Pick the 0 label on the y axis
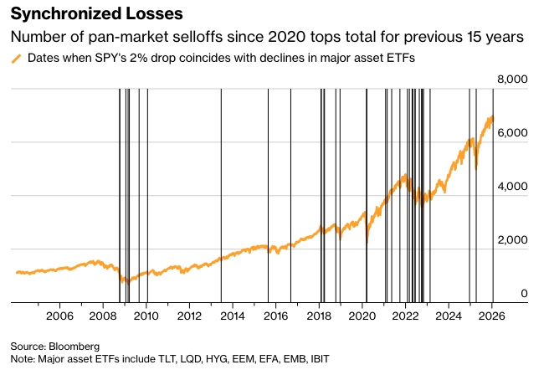click(525, 294)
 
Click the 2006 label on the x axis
click(59, 316)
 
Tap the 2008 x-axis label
click(103, 316)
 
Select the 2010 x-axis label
click(146, 316)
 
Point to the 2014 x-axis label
click(233, 316)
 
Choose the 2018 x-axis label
click(320, 316)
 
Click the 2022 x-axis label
click(406, 316)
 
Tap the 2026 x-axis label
click(492, 316)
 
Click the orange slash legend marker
click(16, 59)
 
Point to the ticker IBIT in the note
click(319, 359)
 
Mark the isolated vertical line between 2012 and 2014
click(221, 193)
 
